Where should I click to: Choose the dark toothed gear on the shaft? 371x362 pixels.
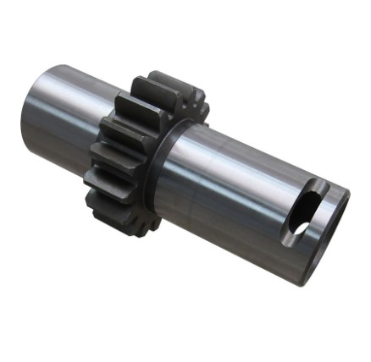[136, 152]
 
